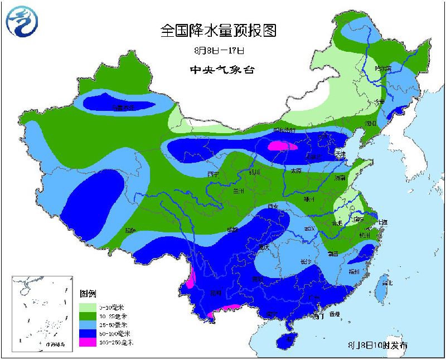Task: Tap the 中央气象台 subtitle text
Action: point(218,70)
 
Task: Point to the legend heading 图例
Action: point(88,293)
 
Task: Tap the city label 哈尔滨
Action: point(383,69)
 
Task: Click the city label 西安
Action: point(273,206)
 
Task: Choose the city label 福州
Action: point(353,271)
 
